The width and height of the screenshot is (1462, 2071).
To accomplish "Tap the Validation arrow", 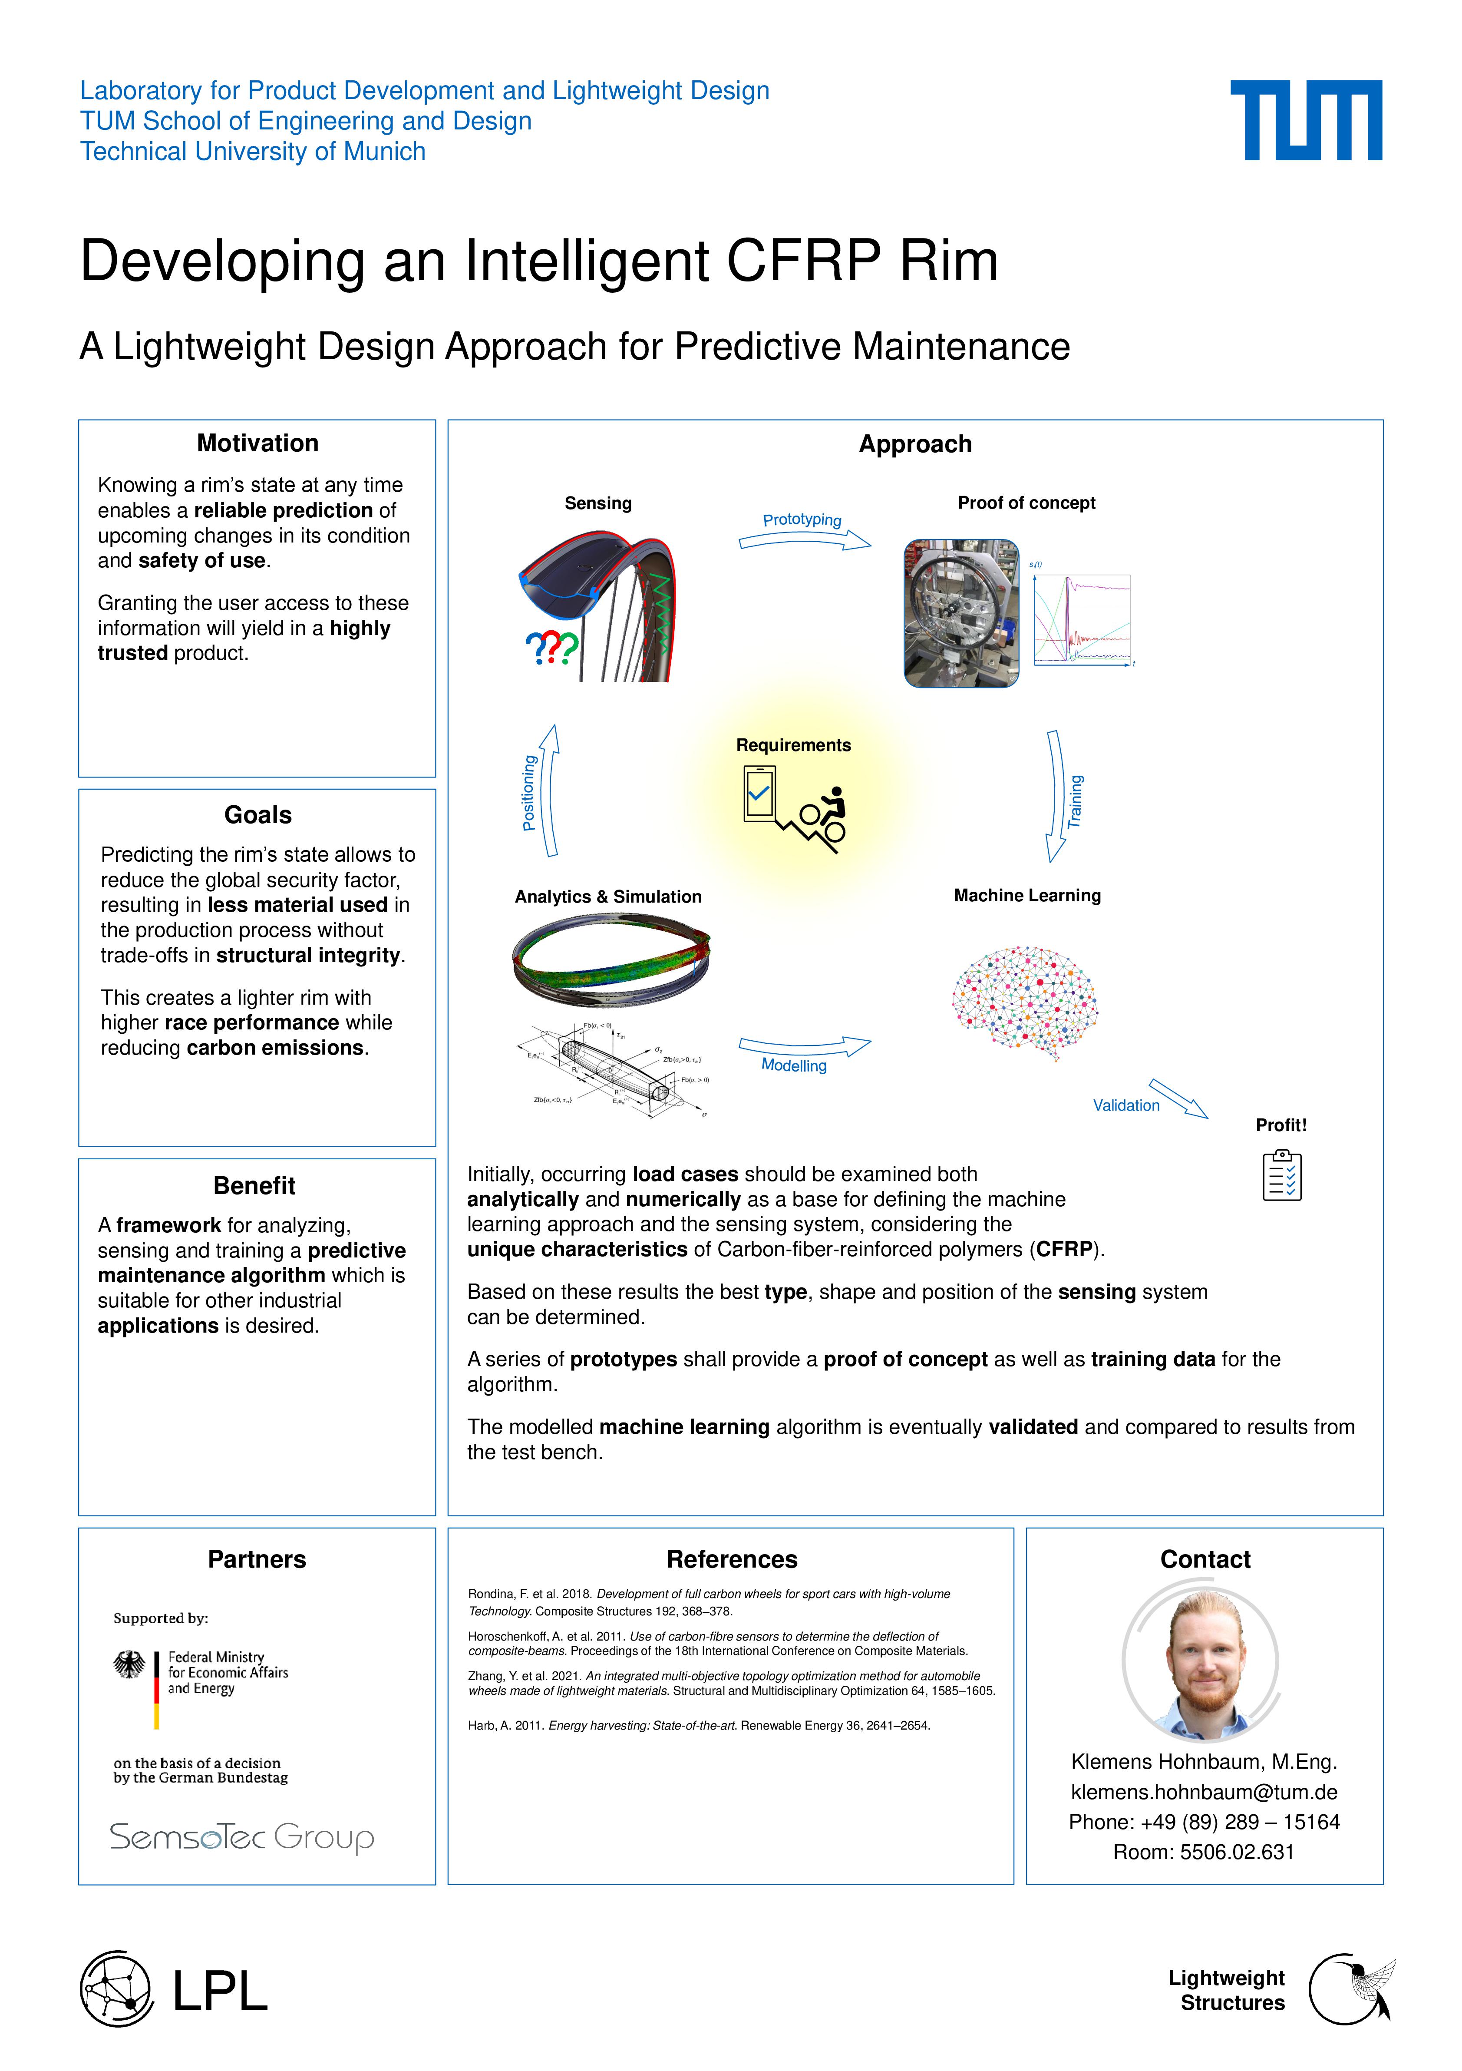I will pos(1178,1098).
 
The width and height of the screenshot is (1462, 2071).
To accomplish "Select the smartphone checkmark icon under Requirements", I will pos(759,794).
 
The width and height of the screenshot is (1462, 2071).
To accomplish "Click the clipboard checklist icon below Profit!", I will pos(1282,1175).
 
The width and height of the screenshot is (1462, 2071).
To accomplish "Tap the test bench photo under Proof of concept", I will pos(961,613).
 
